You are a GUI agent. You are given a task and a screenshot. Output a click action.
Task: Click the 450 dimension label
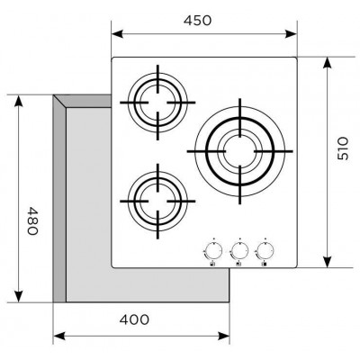pyautogui.click(x=198, y=21)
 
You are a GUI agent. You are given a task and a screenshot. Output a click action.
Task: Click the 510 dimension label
pyautogui.click(x=343, y=148)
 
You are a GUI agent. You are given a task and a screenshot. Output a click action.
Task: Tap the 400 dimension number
pyautogui.click(x=134, y=319)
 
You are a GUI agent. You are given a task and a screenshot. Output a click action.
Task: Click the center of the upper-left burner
pyautogui.click(x=157, y=103)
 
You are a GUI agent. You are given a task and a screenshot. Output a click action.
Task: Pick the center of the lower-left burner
pyautogui.click(x=157, y=202)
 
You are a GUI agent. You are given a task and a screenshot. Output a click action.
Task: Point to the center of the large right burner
pyautogui.click(x=240, y=151)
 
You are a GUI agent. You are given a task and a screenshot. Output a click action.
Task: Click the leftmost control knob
pyautogui.click(x=213, y=249)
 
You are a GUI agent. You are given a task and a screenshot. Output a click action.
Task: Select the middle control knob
pyautogui.click(x=239, y=249)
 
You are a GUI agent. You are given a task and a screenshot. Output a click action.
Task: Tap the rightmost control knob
pyautogui.click(x=265, y=249)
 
